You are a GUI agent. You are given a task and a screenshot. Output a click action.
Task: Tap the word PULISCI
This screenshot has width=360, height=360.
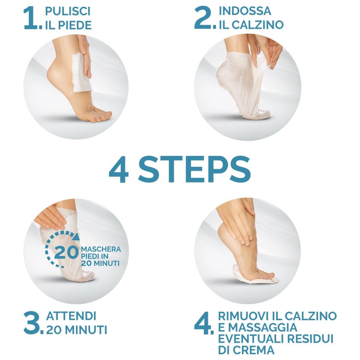(68, 11)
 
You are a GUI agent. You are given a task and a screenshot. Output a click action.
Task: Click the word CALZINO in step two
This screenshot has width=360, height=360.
(257, 25)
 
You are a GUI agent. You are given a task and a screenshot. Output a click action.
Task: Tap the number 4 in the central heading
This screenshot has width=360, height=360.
(119, 170)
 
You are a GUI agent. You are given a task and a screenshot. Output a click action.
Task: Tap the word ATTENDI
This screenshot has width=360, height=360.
(71, 316)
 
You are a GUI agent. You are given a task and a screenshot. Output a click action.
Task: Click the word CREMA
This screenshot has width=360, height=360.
(255, 350)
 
